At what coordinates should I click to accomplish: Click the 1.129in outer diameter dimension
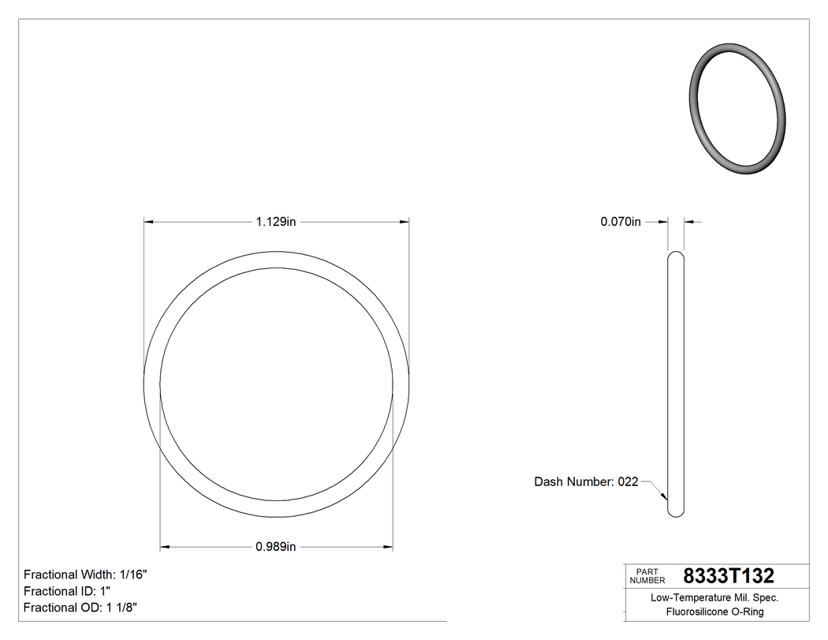(275, 223)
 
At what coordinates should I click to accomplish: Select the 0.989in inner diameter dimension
(275, 546)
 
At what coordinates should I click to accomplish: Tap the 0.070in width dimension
(621, 223)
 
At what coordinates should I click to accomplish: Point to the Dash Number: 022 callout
(586, 481)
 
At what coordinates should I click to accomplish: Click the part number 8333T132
(729, 576)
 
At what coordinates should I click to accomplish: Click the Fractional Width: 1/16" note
(85, 575)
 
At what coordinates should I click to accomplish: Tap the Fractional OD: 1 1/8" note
(83, 608)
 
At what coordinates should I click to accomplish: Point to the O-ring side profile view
(676, 384)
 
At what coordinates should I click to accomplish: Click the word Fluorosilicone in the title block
(697, 612)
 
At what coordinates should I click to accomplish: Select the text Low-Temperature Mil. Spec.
(714, 598)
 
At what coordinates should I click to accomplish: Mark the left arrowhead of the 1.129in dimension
(147, 223)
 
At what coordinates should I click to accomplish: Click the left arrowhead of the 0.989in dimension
(164, 546)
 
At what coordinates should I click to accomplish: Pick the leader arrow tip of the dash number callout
(667, 500)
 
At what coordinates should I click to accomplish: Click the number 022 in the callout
(628, 481)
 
